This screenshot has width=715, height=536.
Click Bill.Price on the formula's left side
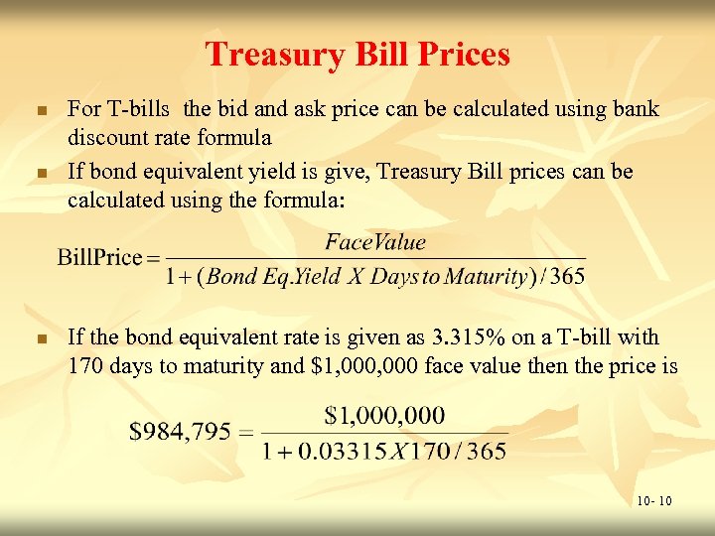coord(100,258)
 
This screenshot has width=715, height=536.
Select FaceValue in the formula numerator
coord(375,241)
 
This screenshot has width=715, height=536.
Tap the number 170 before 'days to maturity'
coord(85,366)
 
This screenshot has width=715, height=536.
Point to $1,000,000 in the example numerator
coord(385,415)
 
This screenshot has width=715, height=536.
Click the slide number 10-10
coord(654,501)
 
